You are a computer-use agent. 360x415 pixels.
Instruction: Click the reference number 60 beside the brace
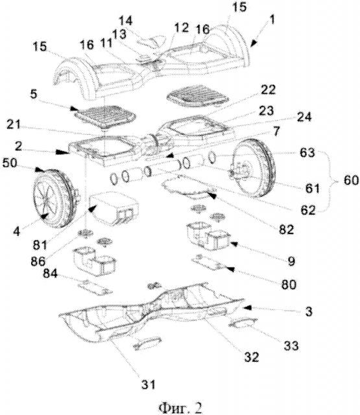tap(351, 180)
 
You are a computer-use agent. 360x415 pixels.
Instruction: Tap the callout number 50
tap(10, 163)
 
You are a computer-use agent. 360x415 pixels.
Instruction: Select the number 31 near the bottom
tap(148, 385)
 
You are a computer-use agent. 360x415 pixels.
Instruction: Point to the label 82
tap(286, 230)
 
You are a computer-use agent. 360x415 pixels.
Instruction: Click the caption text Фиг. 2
tap(180, 408)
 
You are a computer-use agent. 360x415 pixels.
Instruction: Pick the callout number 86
tap(38, 261)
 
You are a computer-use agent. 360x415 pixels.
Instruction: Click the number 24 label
tap(304, 117)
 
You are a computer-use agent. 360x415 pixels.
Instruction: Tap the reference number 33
tap(291, 346)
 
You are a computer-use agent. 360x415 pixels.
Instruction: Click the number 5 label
tap(33, 94)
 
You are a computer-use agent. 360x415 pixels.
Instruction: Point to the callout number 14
tap(125, 21)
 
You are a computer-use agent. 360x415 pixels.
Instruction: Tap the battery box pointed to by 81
tap(114, 207)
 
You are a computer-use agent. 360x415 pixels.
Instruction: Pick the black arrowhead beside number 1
tap(254, 43)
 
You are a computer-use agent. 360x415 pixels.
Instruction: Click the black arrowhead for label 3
tap(247, 307)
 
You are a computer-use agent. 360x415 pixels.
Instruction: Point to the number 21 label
tap(13, 124)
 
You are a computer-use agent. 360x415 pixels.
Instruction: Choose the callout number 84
tap(50, 273)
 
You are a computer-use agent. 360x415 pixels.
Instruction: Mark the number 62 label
tap(308, 210)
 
